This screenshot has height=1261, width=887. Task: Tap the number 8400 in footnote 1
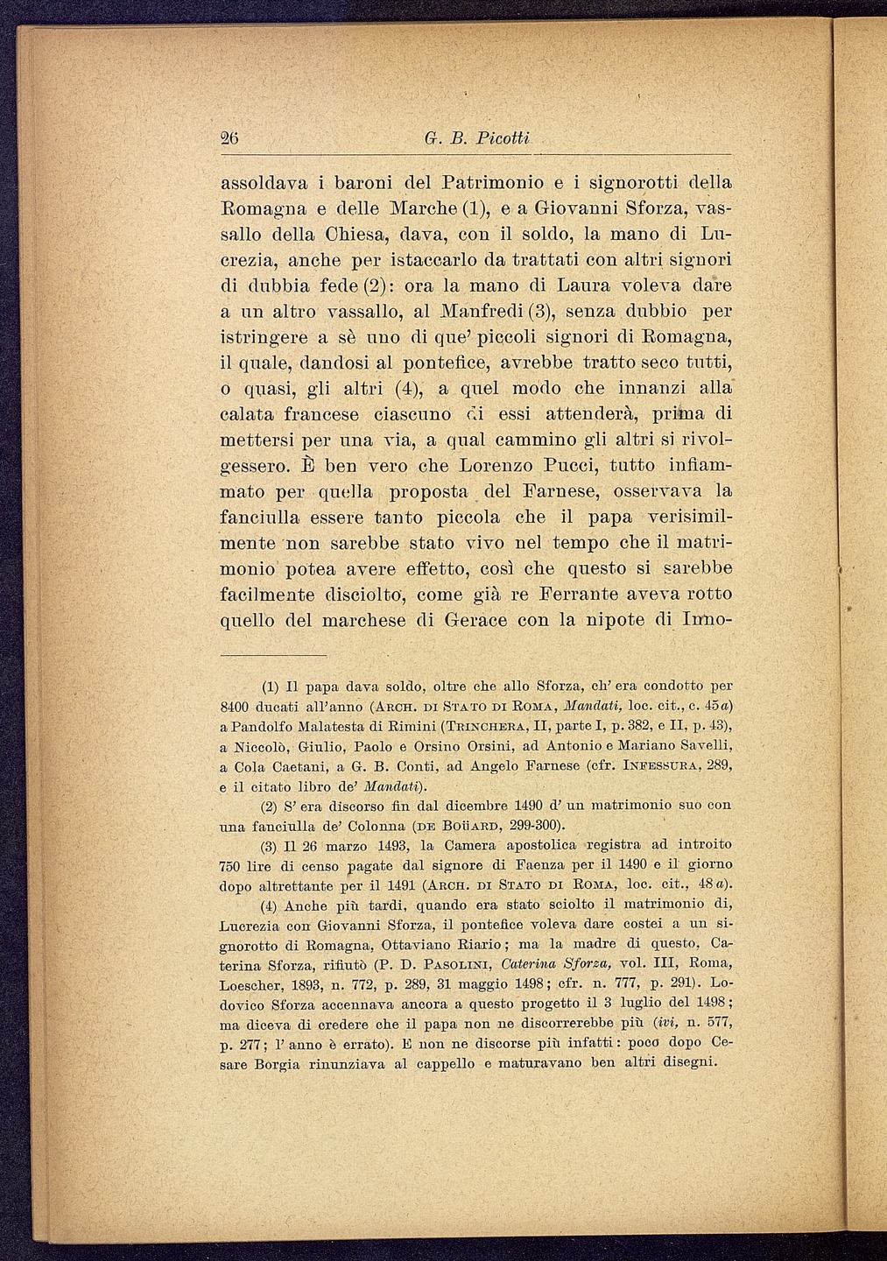(x=234, y=705)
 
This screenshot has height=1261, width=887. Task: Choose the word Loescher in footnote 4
(x=251, y=983)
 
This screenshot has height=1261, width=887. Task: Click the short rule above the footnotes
(x=272, y=654)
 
